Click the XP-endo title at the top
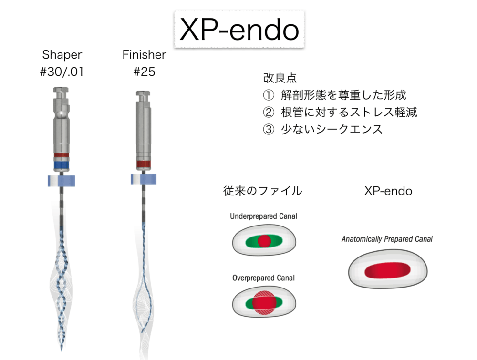(239, 29)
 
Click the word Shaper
(62, 55)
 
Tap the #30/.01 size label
(62, 72)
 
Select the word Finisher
(144, 55)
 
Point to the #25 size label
(144, 72)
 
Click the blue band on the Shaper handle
(62, 165)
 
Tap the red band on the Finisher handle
(143, 164)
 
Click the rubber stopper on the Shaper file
(62, 181)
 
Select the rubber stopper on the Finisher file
(144, 179)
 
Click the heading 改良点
(280, 78)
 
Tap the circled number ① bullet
(269, 95)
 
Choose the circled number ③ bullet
(269, 129)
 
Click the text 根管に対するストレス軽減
(349, 112)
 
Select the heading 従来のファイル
(263, 191)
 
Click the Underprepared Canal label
(263, 216)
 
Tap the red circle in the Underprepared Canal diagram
(264, 241)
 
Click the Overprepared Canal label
(263, 278)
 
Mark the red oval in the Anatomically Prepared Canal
(387, 270)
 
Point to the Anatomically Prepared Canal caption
(387, 239)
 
